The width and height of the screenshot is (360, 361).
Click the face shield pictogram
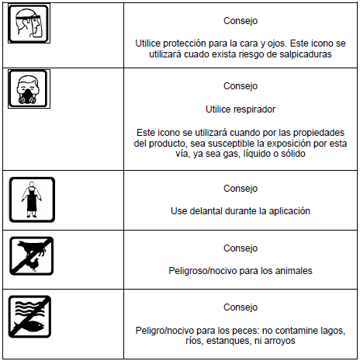click(29, 23)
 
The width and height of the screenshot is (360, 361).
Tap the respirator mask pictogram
click(29, 89)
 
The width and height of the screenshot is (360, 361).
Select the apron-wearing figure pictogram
click(32, 200)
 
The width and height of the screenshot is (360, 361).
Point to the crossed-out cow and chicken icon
click(31, 256)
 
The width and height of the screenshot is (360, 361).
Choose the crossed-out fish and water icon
click(29, 317)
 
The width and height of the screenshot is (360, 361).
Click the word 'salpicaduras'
click(306, 54)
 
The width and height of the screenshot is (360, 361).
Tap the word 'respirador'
click(254, 109)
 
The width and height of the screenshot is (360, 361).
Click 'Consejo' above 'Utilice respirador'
click(241, 86)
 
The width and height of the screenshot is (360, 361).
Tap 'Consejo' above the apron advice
click(241, 189)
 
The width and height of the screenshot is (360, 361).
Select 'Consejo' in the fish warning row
click(241, 307)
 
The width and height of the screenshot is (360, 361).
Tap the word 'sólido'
click(292, 154)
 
